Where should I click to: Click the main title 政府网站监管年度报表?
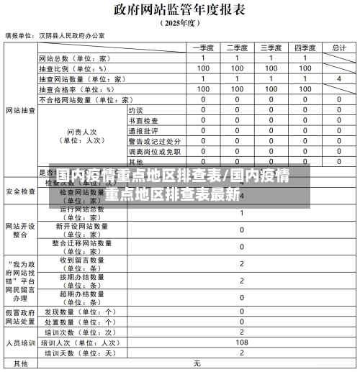tap(179, 9)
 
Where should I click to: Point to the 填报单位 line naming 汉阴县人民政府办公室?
tap(55, 35)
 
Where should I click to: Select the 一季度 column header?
tap(204, 47)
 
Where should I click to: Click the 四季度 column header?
tap(306, 47)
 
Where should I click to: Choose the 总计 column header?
tap(338, 47)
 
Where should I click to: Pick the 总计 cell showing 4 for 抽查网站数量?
tap(338, 78)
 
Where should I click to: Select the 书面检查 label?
tap(143, 121)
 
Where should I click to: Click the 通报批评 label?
tap(143, 131)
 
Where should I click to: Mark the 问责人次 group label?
tap(84, 136)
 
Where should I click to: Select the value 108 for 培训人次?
tap(240, 343)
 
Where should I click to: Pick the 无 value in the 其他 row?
tap(196, 363)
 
